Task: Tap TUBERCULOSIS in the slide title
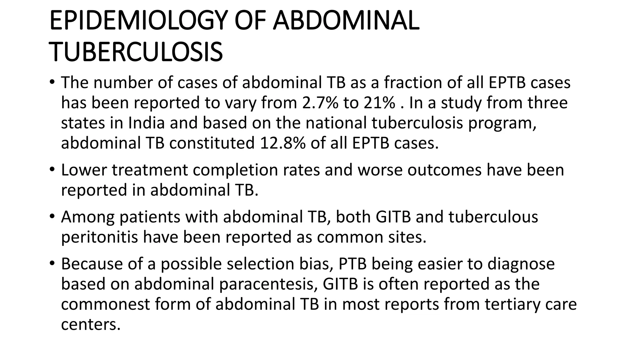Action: point(136,52)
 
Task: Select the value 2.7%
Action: point(320,103)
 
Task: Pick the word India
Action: point(146,123)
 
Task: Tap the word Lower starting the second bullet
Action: point(83,170)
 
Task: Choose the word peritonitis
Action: point(99,237)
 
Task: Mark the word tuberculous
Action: point(493,217)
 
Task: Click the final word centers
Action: point(91,324)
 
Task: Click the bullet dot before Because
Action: point(52,263)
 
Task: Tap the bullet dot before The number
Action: point(52,82)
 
